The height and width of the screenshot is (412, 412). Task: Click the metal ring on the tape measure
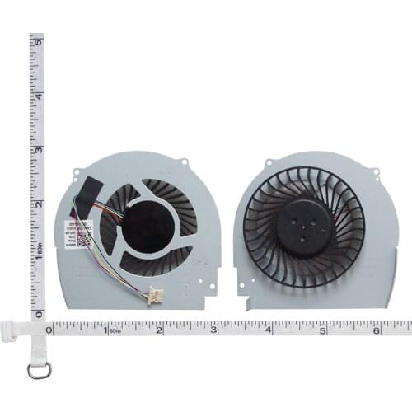(x=39, y=370)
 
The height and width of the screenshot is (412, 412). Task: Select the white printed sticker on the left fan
(x=71, y=233)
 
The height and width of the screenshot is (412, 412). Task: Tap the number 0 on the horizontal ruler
(x=49, y=330)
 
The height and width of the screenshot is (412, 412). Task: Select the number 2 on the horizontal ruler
(x=159, y=330)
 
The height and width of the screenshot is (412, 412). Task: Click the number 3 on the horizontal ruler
(x=213, y=330)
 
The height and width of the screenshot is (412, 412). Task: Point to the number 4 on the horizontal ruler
(x=269, y=330)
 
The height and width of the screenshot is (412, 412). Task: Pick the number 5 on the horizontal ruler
(x=323, y=330)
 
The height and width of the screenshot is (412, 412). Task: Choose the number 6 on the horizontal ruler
(x=377, y=330)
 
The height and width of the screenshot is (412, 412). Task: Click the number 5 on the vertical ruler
(x=38, y=41)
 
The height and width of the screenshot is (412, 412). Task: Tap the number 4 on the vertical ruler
(x=38, y=96)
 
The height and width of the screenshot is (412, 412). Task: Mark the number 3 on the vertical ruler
(x=38, y=150)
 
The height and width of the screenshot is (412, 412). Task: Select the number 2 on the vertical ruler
(x=38, y=204)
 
